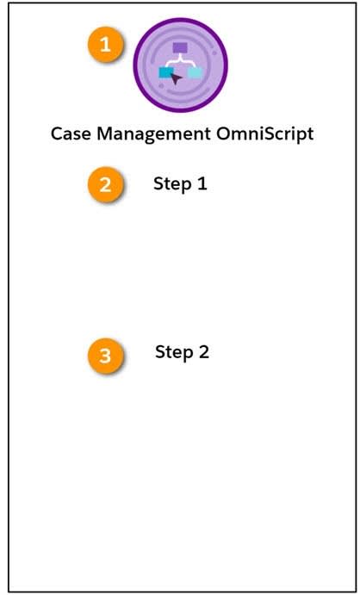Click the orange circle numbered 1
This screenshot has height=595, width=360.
107,46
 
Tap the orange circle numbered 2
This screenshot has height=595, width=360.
106,185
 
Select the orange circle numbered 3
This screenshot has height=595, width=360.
105,356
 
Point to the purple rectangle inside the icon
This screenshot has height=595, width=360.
180,48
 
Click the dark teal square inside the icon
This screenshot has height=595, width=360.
165,73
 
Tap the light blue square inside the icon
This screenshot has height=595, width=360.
196,73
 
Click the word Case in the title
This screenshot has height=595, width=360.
68,134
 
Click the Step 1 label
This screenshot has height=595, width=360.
180,183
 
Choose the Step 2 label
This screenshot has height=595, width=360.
182,352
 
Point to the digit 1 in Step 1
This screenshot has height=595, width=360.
202,183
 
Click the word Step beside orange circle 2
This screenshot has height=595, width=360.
171,183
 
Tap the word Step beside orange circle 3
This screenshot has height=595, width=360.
173,352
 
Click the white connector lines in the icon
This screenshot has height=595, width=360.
180,60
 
